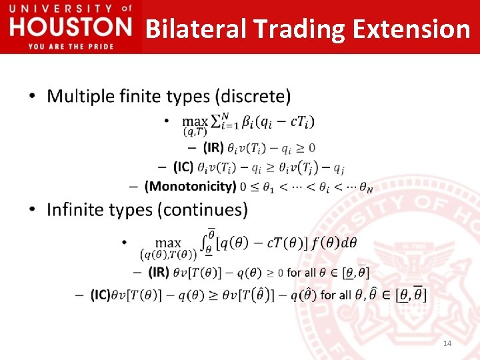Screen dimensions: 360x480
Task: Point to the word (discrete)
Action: [x=252, y=97]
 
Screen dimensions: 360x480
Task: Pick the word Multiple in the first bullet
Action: [x=78, y=97]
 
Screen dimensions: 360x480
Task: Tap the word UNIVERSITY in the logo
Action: [x=59, y=9]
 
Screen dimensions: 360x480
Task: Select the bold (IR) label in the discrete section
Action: [x=213, y=147]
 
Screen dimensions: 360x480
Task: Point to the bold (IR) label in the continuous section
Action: [x=159, y=272]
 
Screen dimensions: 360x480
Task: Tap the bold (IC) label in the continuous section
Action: [x=101, y=295]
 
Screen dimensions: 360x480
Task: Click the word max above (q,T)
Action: [x=195, y=121]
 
